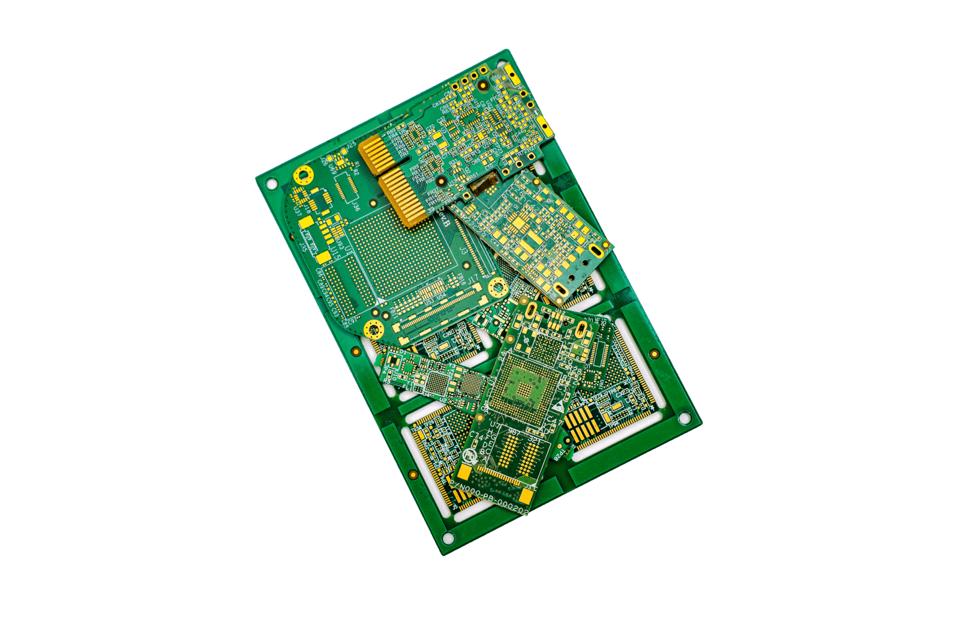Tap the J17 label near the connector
pyautogui.click(x=472, y=277)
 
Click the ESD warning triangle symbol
pyautogui.click(x=558, y=408)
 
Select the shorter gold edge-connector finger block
pyautogui.click(x=376, y=155)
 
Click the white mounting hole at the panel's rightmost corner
pyautogui.click(x=683, y=418)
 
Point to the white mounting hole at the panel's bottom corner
pyautogui.click(x=448, y=537)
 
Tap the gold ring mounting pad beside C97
pyautogui.click(x=374, y=328)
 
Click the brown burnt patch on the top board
pyautogui.click(x=483, y=183)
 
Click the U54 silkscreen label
pyautogui.click(x=441, y=297)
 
